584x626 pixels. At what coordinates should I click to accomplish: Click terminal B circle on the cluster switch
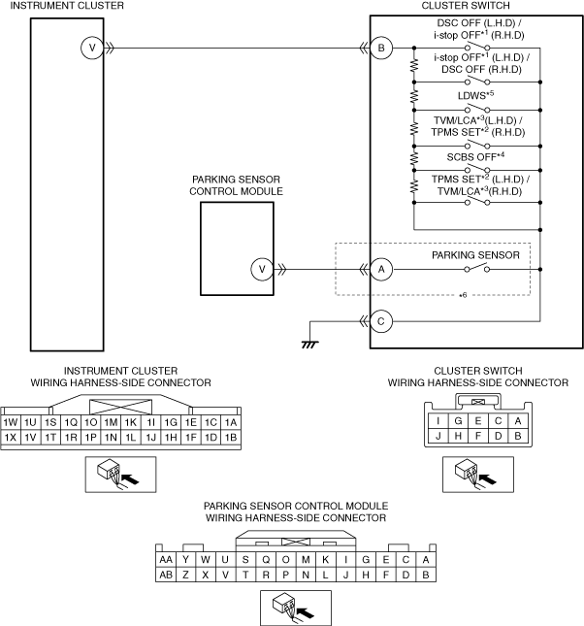click(x=381, y=48)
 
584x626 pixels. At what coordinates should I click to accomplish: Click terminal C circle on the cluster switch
click(x=381, y=321)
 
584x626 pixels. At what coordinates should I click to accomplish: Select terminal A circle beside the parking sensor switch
click(x=381, y=270)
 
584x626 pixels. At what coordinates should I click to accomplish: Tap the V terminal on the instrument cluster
click(x=92, y=48)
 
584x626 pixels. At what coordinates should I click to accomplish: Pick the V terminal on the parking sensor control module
click(x=262, y=270)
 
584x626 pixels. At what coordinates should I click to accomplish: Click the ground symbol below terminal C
click(x=310, y=345)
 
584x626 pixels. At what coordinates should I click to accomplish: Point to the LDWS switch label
click(x=475, y=95)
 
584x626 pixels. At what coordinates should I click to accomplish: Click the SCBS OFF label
click(x=475, y=156)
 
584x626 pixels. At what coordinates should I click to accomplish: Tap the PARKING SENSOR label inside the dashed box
click(x=475, y=255)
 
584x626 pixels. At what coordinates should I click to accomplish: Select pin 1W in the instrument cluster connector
click(x=11, y=422)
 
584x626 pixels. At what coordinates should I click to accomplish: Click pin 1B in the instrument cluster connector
click(x=231, y=438)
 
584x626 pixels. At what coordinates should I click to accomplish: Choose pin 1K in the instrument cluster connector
click(x=131, y=422)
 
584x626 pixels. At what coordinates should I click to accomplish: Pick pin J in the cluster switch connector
click(x=438, y=436)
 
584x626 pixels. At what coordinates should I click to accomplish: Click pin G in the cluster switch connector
click(x=458, y=421)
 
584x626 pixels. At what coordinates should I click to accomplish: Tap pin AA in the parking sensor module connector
click(x=166, y=560)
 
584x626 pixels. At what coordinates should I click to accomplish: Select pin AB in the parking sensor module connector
click(x=166, y=575)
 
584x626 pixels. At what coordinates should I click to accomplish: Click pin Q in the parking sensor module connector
click(x=266, y=560)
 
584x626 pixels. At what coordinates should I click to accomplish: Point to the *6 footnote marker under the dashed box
click(x=463, y=295)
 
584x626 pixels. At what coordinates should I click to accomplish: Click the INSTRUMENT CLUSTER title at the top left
click(x=67, y=6)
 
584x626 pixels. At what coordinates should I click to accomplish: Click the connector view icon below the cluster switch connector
click(x=478, y=475)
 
